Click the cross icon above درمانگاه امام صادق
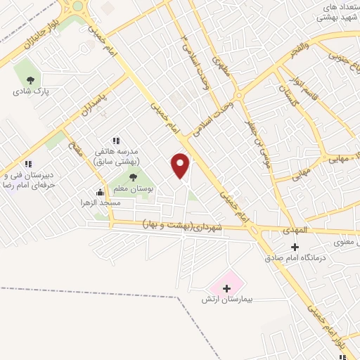(295, 247)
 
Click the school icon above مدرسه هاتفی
(116, 141)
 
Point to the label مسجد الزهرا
(100, 202)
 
